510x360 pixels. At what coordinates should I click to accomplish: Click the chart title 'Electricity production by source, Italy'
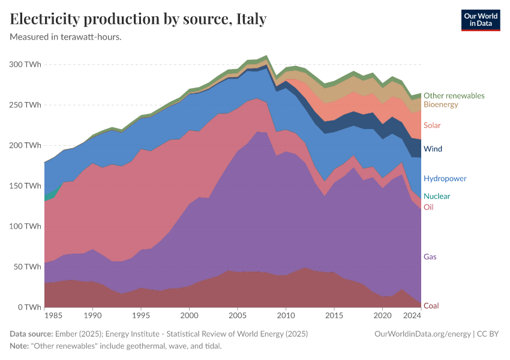point(138,19)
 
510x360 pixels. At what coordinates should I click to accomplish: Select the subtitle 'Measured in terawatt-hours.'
point(66,37)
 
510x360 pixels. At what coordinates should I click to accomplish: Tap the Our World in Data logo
point(480,20)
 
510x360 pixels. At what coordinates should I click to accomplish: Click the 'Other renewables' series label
point(454,95)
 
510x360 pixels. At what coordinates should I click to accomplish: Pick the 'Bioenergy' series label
point(440,104)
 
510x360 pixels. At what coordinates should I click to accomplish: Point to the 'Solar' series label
point(432,125)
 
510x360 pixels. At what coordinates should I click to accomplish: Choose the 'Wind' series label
point(433,149)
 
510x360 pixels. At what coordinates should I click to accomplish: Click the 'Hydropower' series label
point(445,178)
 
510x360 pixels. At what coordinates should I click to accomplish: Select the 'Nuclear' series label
point(436,196)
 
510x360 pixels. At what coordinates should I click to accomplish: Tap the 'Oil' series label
point(428,207)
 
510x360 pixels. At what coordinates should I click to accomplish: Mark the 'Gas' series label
point(430,257)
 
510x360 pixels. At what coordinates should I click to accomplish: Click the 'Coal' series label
point(431,306)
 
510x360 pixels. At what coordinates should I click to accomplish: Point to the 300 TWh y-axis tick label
point(25,64)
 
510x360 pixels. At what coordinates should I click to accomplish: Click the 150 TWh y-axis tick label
point(25,186)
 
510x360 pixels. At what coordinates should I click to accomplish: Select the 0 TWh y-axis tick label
point(29,307)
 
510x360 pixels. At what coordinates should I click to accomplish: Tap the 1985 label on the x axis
point(53,316)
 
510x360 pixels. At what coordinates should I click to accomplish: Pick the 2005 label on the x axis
point(238,316)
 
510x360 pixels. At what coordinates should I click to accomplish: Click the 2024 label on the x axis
point(412,316)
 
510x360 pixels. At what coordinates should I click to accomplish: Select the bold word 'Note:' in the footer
point(20,346)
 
